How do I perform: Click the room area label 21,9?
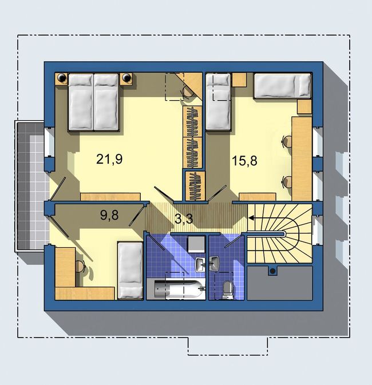coord(109,159)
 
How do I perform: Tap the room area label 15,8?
coord(244,161)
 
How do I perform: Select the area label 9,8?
coord(109,215)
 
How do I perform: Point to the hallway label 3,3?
coord(184,219)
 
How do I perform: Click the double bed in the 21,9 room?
coord(94,102)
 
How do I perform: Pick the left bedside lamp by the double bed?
coord(61,78)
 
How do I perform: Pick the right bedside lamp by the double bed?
coord(126,78)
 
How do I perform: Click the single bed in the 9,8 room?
coord(130,271)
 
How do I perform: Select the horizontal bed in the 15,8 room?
coord(283,86)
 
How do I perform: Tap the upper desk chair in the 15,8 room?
coord(287,142)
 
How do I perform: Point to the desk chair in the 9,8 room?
coord(80,267)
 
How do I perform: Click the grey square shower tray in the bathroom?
coord(196,244)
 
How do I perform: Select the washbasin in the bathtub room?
coord(200,265)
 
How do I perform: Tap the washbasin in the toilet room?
coord(214,264)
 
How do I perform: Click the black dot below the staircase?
coord(272,271)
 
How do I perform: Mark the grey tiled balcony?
coord(32,186)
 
